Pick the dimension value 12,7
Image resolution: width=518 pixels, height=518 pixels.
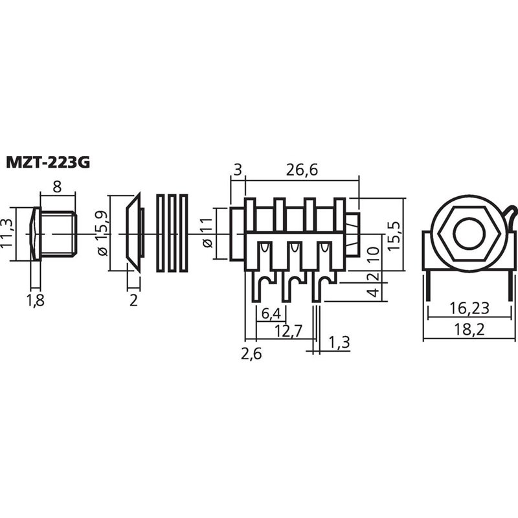tap(287, 332)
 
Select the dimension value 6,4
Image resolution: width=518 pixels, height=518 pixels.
tap(271, 314)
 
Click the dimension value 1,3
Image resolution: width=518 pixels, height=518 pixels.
tap(339, 343)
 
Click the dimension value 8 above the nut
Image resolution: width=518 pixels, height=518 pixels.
tap(57, 186)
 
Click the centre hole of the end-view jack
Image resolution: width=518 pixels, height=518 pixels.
tap(467, 234)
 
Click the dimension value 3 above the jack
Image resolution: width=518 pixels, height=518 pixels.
tap(237, 170)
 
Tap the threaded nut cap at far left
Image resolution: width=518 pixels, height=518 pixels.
tap(54, 233)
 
